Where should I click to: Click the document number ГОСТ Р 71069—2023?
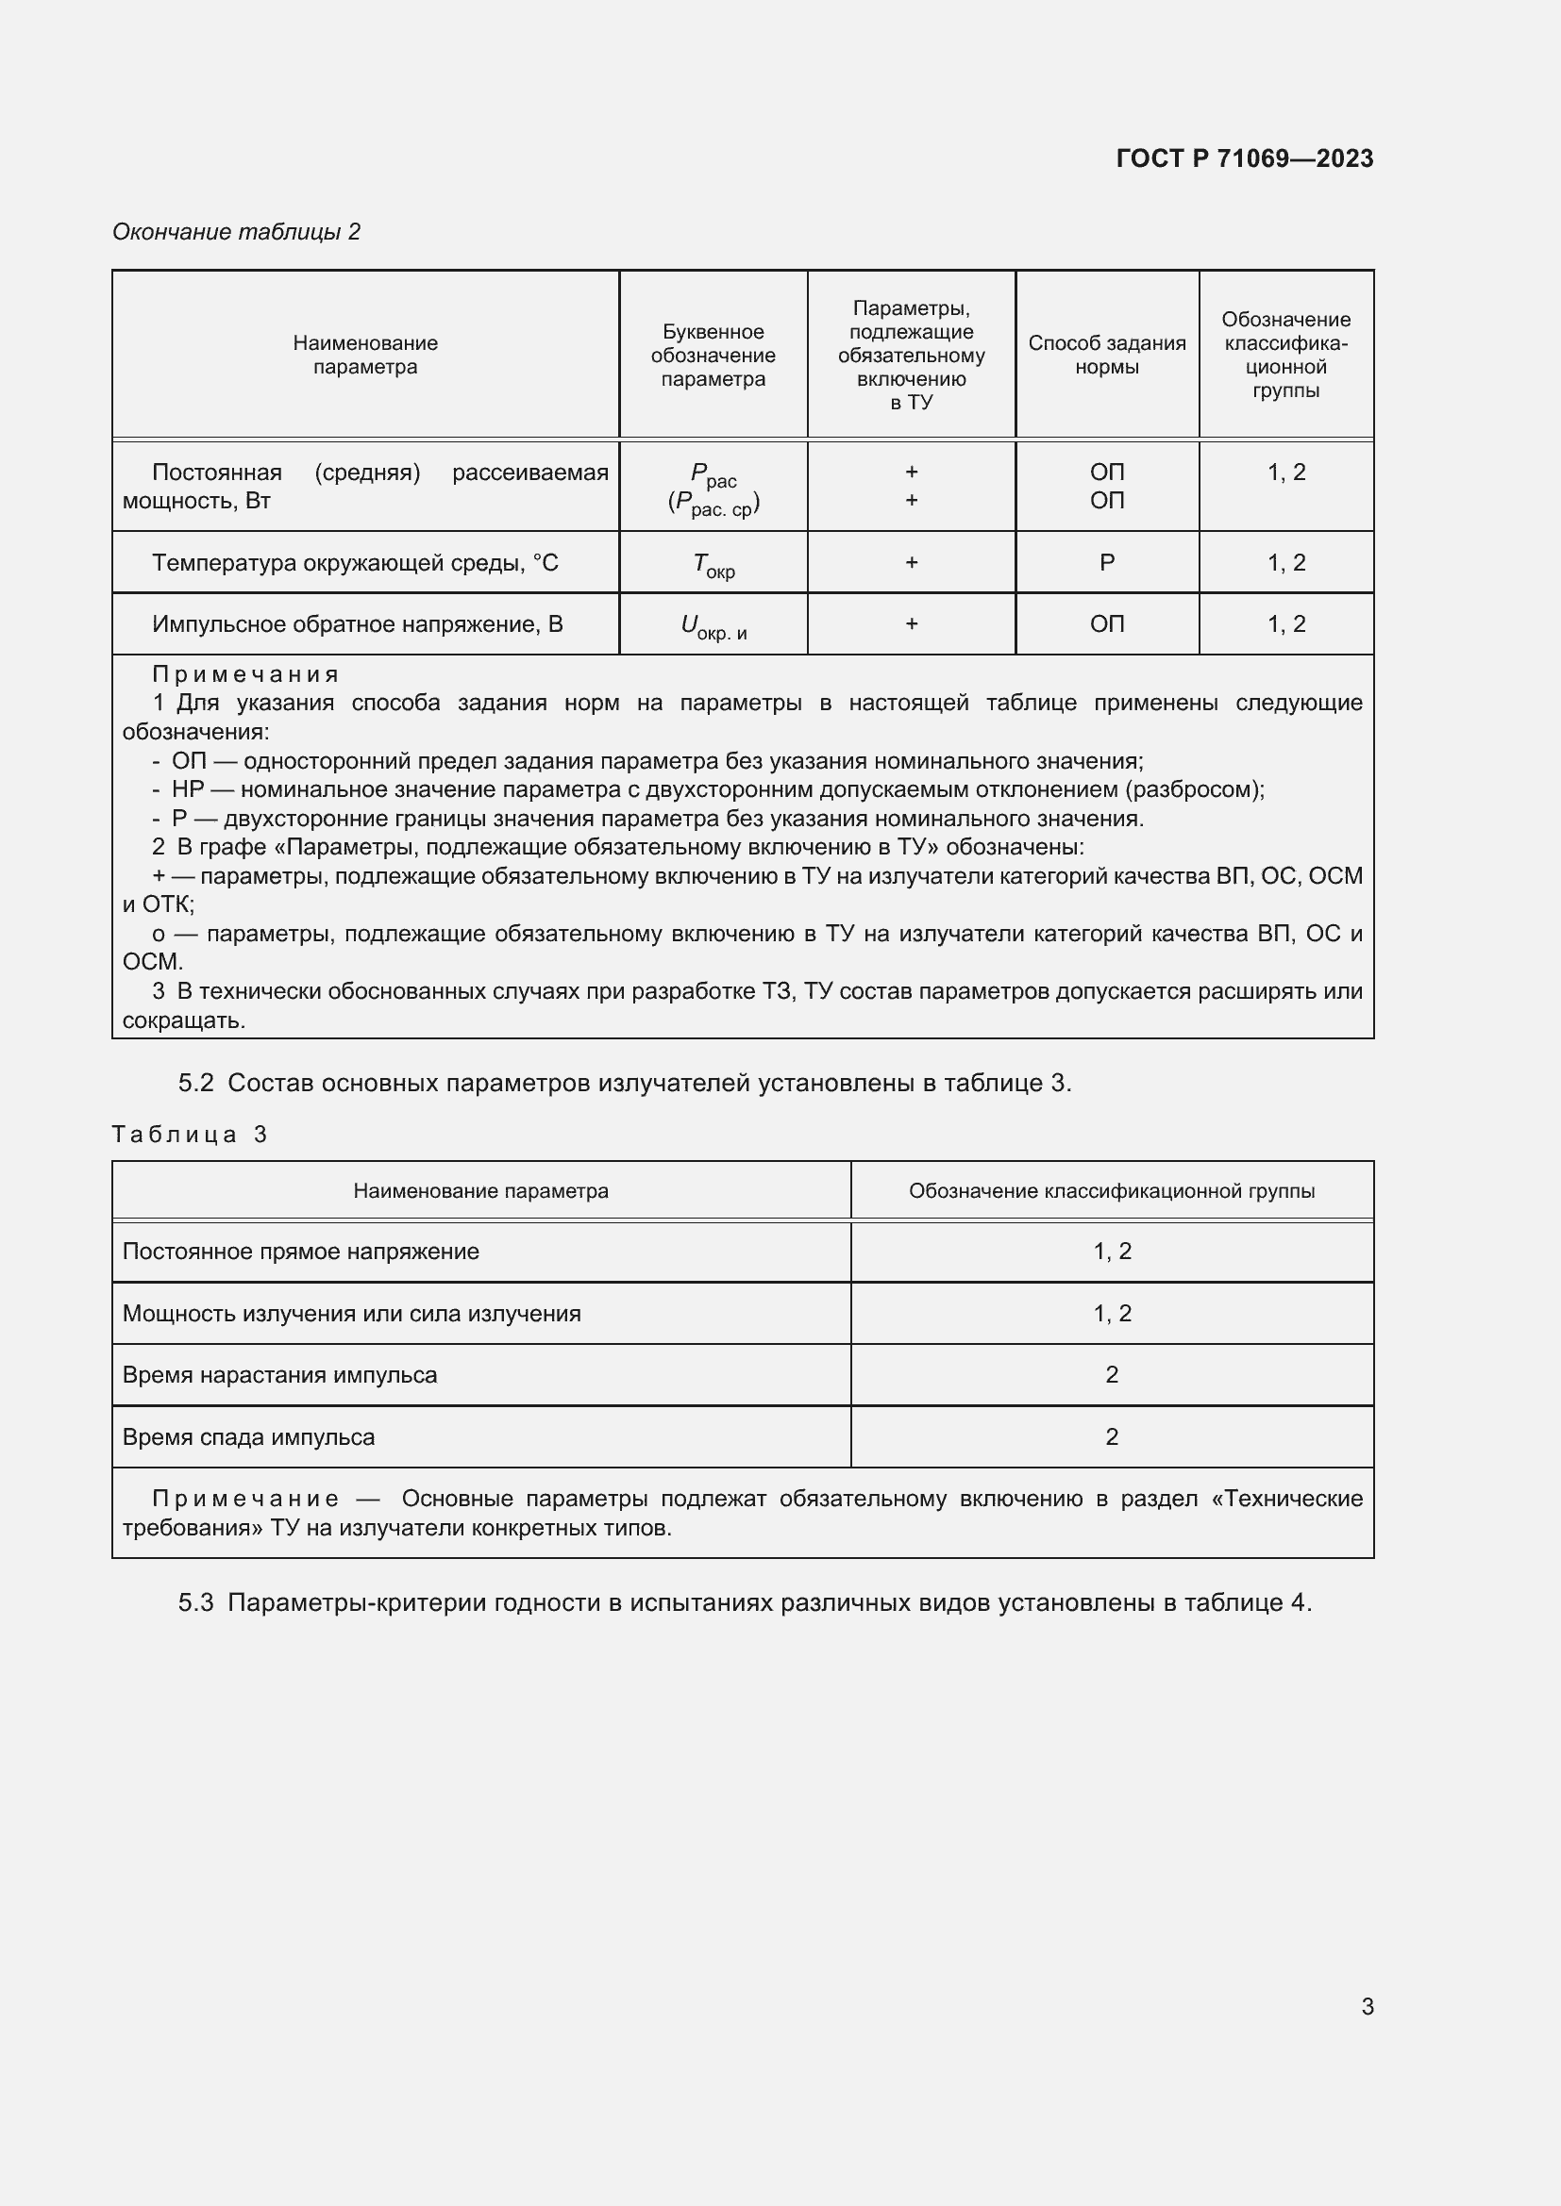coord(1244,158)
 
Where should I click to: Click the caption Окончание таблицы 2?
coord(237,232)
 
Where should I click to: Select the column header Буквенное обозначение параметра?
coord(713,355)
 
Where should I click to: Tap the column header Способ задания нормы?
coord(1106,355)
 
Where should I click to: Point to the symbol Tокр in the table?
coord(713,565)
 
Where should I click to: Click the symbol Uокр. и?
coord(713,626)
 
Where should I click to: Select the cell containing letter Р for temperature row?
coord(1106,563)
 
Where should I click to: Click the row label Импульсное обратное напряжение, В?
coord(357,624)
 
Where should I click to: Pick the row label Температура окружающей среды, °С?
coord(355,563)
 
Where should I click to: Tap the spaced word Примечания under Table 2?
coord(245,674)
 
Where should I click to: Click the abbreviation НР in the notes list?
coord(188,789)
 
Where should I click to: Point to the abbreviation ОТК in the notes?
coord(167,905)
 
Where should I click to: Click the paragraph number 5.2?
coord(195,1084)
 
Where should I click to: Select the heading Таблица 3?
coord(190,1135)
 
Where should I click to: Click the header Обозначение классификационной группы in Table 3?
coord(1111,1191)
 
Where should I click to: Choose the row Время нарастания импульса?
coord(279,1375)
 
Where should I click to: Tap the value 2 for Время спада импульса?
coord(1111,1437)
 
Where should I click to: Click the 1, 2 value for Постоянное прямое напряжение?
coord(1111,1252)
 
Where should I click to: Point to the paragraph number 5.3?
coord(195,1602)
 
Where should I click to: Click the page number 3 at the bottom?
coord(1367,2006)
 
